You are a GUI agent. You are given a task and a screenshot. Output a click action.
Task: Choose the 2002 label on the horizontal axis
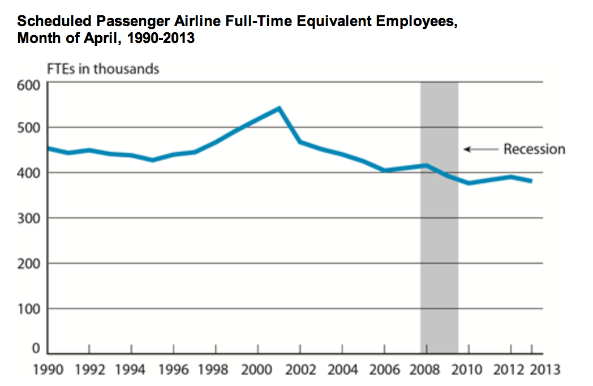(300, 370)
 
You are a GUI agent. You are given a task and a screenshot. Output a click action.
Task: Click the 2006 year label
(384, 370)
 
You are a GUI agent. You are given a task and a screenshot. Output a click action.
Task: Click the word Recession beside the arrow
(534, 149)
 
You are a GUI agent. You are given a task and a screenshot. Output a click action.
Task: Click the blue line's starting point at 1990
(48, 148)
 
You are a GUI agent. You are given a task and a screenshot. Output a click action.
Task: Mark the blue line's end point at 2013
(531, 181)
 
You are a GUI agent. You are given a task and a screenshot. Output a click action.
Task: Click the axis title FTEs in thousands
(102, 69)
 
